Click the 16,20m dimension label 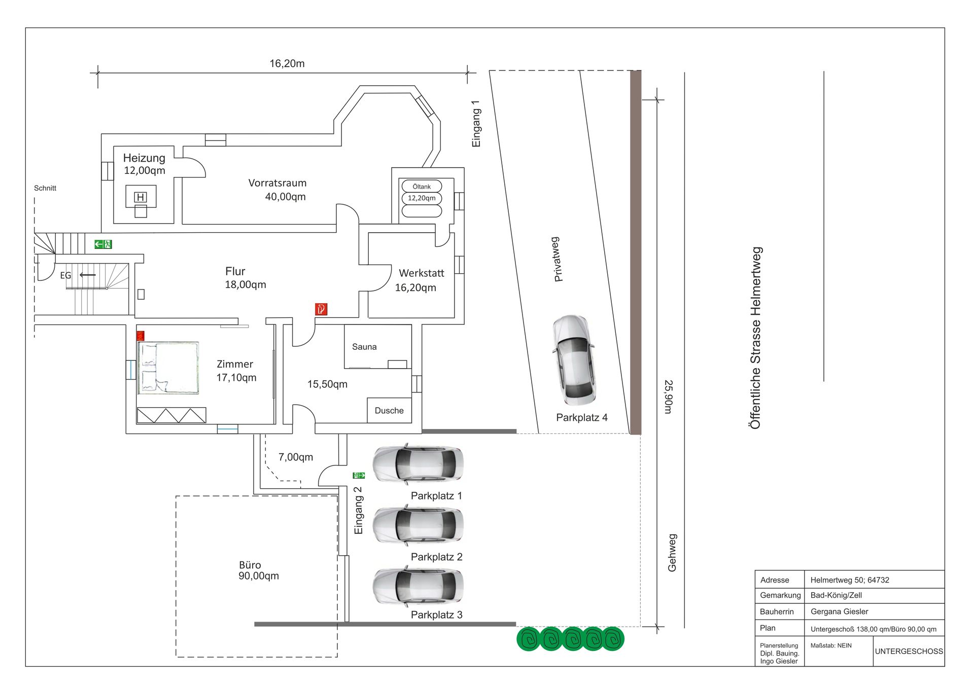pyautogui.click(x=287, y=63)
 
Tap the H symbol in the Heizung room pyautogui.click(x=141, y=197)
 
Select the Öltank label pyautogui.click(x=422, y=187)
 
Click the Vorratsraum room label pyautogui.click(x=277, y=190)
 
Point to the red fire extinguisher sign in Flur pyautogui.click(x=321, y=309)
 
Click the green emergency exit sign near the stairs pyautogui.click(x=103, y=244)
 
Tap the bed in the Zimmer pyautogui.click(x=168, y=368)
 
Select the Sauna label pyautogui.click(x=364, y=347)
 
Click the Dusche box pyautogui.click(x=389, y=410)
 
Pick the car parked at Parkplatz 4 pyautogui.click(x=574, y=359)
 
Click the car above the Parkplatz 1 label pyautogui.click(x=418, y=464)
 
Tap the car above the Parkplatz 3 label pyautogui.click(x=418, y=587)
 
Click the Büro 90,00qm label pyautogui.click(x=259, y=570)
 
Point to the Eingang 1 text pyautogui.click(x=476, y=124)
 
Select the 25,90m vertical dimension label pyautogui.click(x=669, y=397)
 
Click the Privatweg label pyautogui.click(x=557, y=259)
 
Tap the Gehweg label pyautogui.click(x=672, y=553)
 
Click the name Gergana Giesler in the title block pyautogui.click(x=840, y=611)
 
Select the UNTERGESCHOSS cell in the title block pyautogui.click(x=909, y=651)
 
